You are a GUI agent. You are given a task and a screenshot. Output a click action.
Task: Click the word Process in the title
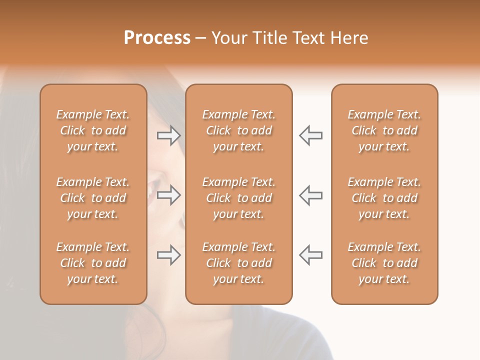(x=157, y=38)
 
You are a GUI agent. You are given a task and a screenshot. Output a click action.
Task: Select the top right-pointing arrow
(x=169, y=135)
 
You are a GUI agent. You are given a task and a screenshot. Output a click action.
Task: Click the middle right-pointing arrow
(x=169, y=195)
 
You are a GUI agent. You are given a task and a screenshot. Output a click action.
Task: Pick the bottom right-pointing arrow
(x=169, y=255)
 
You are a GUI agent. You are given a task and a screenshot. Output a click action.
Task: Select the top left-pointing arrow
(x=310, y=135)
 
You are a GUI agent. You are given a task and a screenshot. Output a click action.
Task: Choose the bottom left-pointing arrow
(x=310, y=255)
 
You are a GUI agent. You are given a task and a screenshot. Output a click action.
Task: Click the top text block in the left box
(x=93, y=130)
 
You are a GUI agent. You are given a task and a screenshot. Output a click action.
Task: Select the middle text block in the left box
(x=93, y=198)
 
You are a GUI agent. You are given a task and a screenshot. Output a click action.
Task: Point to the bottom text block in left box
(x=93, y=263)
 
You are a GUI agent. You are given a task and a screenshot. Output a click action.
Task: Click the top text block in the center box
(x=238, y=130)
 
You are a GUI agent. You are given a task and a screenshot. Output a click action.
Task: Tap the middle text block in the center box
(x=238, y=198)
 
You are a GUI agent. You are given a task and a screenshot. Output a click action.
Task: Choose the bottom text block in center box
(x=238, y=263)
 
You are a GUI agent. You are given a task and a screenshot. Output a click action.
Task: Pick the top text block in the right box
(x=384, y=130)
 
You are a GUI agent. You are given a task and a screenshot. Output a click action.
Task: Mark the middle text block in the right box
(x=384, y=198)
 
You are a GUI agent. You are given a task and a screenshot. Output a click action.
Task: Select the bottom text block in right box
(x=384, y=263)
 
